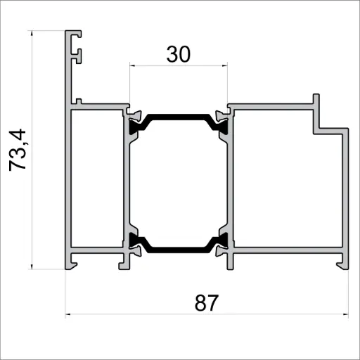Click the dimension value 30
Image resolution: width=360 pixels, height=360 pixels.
[179, 54]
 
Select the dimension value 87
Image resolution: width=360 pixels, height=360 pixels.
[207, 304]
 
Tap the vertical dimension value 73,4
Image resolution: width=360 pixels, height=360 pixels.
[19, 149]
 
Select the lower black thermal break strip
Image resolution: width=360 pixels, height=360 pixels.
[179, 247]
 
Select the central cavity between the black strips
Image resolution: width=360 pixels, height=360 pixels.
[179, 181]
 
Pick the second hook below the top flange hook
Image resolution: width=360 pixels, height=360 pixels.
[79, 53]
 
